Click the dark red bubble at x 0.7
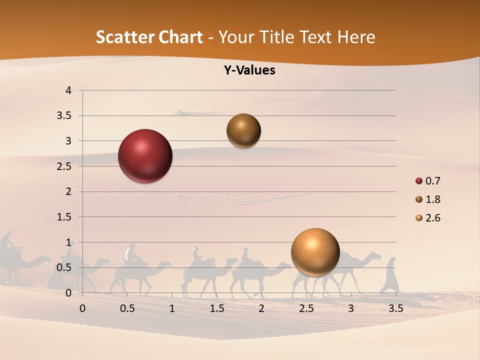(x=145, y=156)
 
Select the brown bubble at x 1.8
(x=243, y=130)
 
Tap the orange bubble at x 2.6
(x=315, y=252)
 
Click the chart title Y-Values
(x=249, y=70)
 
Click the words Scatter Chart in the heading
(x=149, y=37)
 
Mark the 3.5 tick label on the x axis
(x=395, y=308)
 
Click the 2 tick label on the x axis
(x=261, y=308)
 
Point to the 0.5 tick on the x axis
(x=127, y=308)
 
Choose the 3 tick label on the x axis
(x=350, y=308)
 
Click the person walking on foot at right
(x=390, y=275)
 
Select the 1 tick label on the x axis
(x=172, y=308)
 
